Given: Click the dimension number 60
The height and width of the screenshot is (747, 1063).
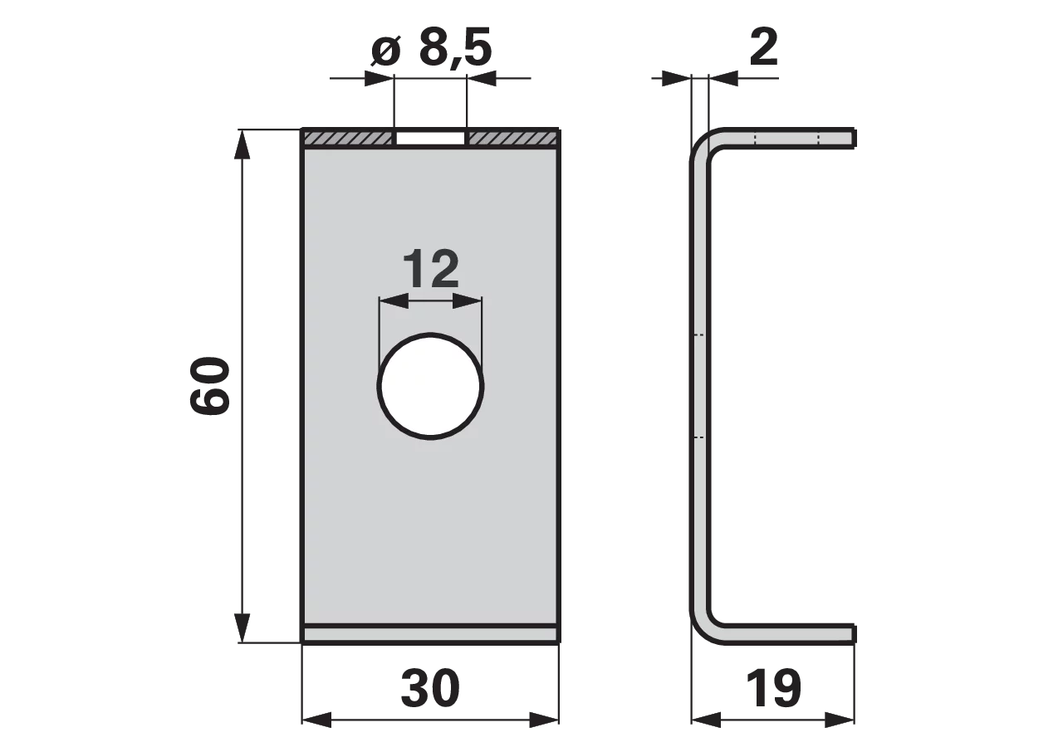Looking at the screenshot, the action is tap(210, 386).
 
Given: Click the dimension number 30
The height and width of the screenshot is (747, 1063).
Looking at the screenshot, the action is tap(430, 688).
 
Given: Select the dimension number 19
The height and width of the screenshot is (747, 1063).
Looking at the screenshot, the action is tap(773, 688).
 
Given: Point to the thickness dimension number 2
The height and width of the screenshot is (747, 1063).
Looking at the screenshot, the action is tap(763, 46).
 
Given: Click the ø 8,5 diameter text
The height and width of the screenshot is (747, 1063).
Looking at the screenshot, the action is tap(431, 47).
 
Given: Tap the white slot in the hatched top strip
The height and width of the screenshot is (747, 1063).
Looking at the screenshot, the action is tap(430, 138).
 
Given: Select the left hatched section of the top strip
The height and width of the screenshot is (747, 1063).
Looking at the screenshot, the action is tap(348, 138).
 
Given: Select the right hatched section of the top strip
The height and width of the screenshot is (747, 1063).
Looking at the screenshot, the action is tap(512, 138).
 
